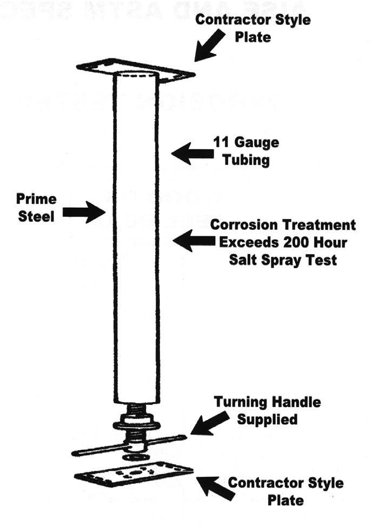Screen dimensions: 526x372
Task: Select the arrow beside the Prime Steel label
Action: pyautogui.click(x=84, y=211)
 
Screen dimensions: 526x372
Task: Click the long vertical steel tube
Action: pyautogui.click(x=136, y=238)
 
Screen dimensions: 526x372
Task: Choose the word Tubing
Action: pyautogui.click(x=246, y=161)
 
